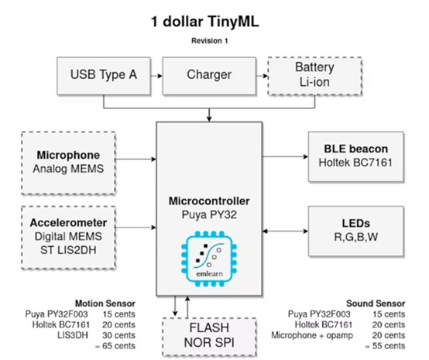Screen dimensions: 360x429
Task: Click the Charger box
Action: (x=209, y=75)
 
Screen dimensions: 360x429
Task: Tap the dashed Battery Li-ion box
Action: (x=314, y=75)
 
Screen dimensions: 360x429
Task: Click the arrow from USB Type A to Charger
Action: (x=157, y=75)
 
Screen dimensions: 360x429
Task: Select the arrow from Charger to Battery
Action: (x=262, y=75)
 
